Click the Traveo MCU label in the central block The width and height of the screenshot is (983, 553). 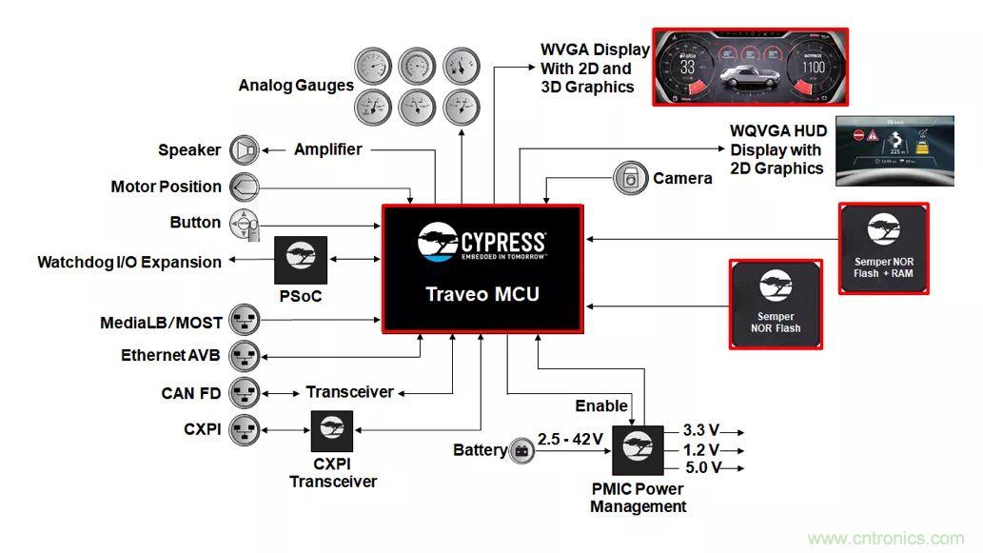(482, 294)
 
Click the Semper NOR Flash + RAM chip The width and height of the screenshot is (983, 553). (883, 247)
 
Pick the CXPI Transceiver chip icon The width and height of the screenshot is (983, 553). (332, 431)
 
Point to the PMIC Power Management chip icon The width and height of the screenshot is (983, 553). (638, 448)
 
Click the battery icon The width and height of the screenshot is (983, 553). (521, 450)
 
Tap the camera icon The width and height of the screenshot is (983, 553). (630, 178)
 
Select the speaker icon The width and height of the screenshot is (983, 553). (245, 150)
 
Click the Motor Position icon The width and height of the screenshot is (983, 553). (245, 187)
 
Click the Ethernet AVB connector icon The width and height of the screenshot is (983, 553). (245, 356)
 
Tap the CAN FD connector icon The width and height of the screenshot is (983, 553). (245, 392)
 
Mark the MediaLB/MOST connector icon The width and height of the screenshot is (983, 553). (245, 324)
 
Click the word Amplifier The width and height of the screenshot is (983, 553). (327, 149)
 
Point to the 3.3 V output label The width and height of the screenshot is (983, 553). (702, 431)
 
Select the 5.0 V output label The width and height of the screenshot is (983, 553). (702, 467)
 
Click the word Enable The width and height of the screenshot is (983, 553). (601, 406)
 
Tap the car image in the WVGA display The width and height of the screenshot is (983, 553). (749, 78)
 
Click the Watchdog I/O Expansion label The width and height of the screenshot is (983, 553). (129, 262)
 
